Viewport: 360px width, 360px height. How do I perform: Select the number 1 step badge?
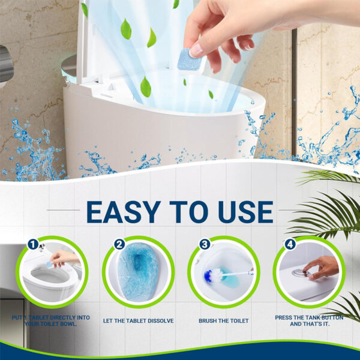pyautogui.click(x=34, y=244)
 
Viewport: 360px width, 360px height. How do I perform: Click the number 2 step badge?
pyautogui.click(x=119, y=244)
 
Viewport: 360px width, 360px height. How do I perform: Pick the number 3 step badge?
pyautogui.click(x=205, y=244)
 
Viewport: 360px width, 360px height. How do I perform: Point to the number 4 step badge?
pyautogui.click(x=290, y=244)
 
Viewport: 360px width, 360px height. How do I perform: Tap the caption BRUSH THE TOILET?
pyautogui.click(x=223, y=321)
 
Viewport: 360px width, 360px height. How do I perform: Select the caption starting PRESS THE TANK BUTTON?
pyautogui.click(x=309, y=320)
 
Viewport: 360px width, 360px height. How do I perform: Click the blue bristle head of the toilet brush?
pyautogui.click(x=212, y=276)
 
